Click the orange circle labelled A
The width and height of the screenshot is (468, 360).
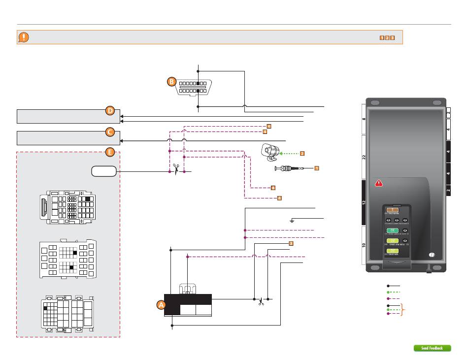161,305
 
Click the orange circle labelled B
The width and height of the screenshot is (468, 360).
171,82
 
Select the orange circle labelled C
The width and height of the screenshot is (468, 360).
110,131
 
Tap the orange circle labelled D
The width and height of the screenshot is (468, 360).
110,111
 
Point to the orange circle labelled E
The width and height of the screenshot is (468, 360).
110,152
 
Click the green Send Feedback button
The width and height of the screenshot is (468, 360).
432,348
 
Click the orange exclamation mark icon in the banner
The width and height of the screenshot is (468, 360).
24,37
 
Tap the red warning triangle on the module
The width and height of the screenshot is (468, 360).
378,183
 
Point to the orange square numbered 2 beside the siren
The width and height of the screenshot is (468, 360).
302,154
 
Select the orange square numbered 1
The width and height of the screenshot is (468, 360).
317,168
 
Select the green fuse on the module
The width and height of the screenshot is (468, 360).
393,230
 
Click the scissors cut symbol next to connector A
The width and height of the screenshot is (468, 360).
260,300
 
